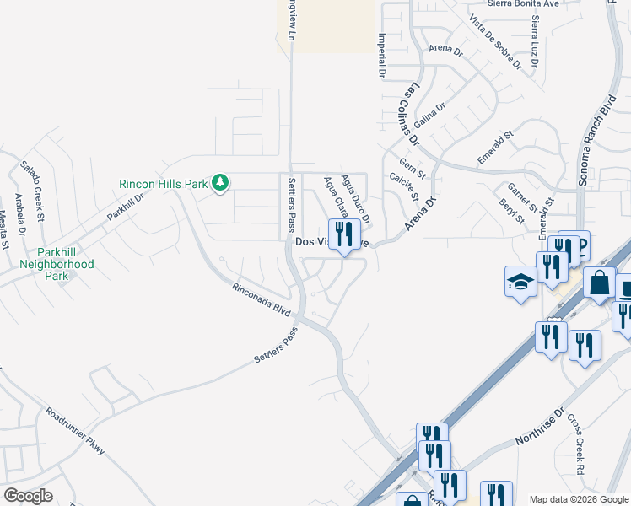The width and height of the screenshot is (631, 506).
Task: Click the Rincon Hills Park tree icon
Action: (220, 183)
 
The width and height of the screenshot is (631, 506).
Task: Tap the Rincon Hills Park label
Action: (163, 183)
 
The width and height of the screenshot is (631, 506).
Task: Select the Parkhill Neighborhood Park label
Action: (57, 264)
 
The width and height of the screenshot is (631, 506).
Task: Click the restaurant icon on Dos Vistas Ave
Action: (342, 235)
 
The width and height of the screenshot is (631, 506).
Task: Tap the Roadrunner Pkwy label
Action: (77, 431)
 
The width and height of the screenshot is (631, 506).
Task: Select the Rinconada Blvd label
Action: (262, 299)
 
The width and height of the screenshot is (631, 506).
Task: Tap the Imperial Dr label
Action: (382, 57)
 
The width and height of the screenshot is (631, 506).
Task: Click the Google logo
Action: (28, 496)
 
